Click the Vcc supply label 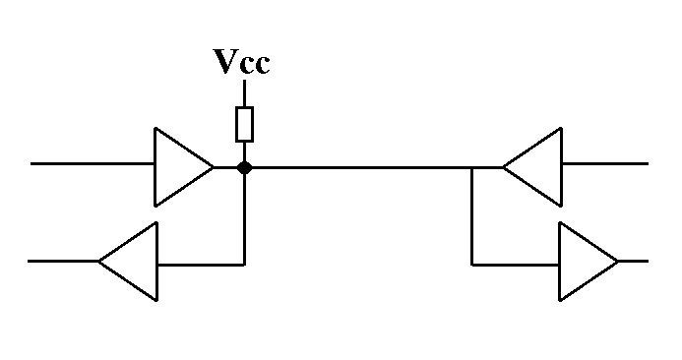click(241, 62)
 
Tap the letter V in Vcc click(225, 61)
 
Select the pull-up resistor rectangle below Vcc click(244, 124)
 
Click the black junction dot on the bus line click(244, 167)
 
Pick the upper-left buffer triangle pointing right click(183, 167)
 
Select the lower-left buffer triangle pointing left click(128, 262)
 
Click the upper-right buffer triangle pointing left click(532, 167)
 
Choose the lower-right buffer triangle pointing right click(589, 262)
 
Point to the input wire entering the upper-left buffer click(93, 164)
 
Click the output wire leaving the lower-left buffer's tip click(64, 262)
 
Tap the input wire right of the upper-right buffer click(605, 164)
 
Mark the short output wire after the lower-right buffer click(634, 262)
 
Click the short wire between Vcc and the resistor click(244, 93)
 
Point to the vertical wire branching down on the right click(472, 216)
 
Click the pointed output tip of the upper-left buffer click(214, 167)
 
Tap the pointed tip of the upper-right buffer click(503, 167)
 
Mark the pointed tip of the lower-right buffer click(618, 262)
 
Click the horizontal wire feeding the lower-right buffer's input click(516, 265)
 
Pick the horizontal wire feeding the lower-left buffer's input click(201, 265)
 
